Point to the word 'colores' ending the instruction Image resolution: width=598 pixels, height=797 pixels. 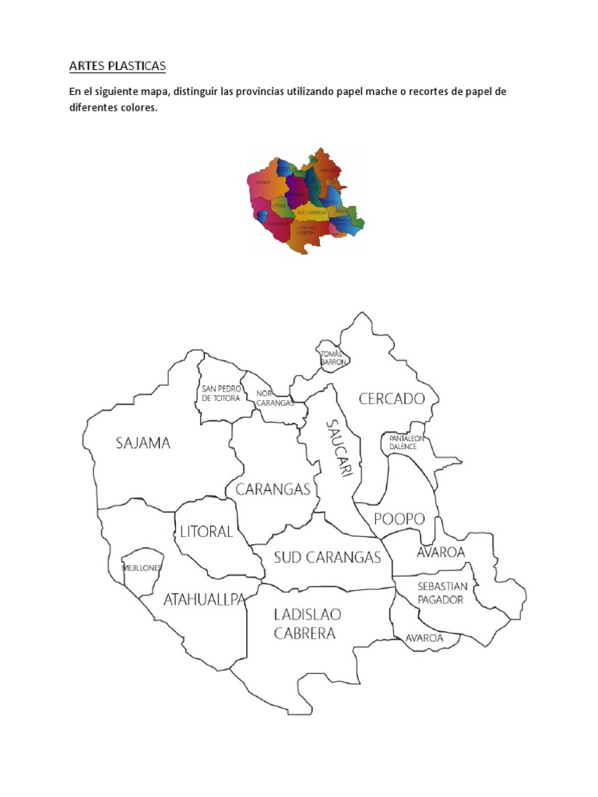[137, 108]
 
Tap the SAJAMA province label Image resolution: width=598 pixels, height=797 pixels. [142, 444]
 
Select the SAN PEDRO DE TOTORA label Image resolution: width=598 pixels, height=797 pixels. [221, 393]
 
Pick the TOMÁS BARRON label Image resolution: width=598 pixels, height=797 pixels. [332, 357]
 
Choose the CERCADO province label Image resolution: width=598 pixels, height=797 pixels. [392, 399]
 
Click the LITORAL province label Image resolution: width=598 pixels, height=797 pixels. [206, 532]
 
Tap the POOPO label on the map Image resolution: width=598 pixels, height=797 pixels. [399, 518]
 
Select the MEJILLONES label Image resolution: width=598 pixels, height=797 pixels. [142, 568]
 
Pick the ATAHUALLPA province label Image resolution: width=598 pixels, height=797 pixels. [204, 599]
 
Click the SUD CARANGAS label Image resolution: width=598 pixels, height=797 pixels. [327, 557]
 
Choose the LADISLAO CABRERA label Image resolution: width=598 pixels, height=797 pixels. [307, 623]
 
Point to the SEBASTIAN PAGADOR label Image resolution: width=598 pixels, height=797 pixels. [441, 592]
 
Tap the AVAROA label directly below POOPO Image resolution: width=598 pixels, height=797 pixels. [441, 552]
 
